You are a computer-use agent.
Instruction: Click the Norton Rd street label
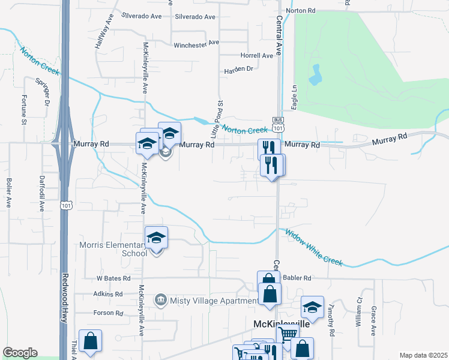[x=301, y=11]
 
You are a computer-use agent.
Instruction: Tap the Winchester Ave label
[x=196, y=44]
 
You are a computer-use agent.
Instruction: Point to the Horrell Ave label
[x=256, y=55]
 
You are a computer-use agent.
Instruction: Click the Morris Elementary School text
[x=113, y=248]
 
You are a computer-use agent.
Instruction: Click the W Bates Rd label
[x=113, y=278]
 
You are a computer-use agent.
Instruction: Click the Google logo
[x=20, y=353]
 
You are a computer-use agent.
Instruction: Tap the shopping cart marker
[x=288, y=335]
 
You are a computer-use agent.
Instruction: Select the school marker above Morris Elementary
[x=156, y=239]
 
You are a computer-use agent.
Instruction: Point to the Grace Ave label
[x=373, y=321]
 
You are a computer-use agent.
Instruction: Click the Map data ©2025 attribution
[x=423, y=355]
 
